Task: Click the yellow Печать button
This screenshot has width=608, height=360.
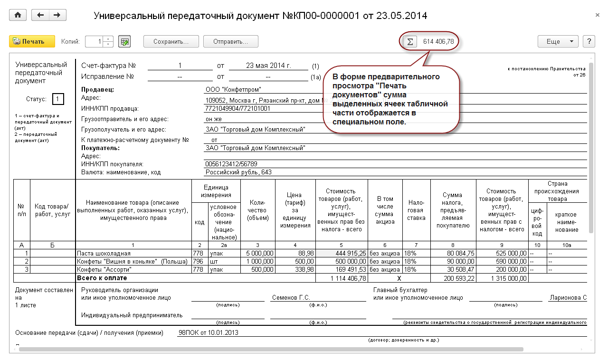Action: pyautogui.click(x=32, y=41)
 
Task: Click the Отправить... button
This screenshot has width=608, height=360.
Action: pyautogui.click(x=230, y=41)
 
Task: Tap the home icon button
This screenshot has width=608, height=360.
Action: pyautogui.click(x=18, y=15)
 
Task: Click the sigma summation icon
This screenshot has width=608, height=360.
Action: pyautogui.click(x=409, y=41)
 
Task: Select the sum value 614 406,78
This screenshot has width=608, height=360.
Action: pyautogui.click(x=438, y=41)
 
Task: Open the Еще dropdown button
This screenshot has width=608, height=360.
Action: pyautogui.click(x=558, y=41)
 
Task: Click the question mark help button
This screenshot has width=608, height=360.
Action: pyautogui.click(x=589, y=41)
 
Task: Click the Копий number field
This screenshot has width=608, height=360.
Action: pyautogui.click(x=95, y=41)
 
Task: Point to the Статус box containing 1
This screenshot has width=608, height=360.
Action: pyautogui.click(x=58, y=99)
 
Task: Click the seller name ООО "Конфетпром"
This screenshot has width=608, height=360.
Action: pyautogui.click(x=233, y=89)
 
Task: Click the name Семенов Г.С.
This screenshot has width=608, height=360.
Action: pyautogui.click(x=291, y=298)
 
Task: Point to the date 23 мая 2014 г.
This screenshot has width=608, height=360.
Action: pyautogui.click(x=268, y=66)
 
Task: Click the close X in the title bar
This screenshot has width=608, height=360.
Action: pyautogui.click(x=598, y=15)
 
